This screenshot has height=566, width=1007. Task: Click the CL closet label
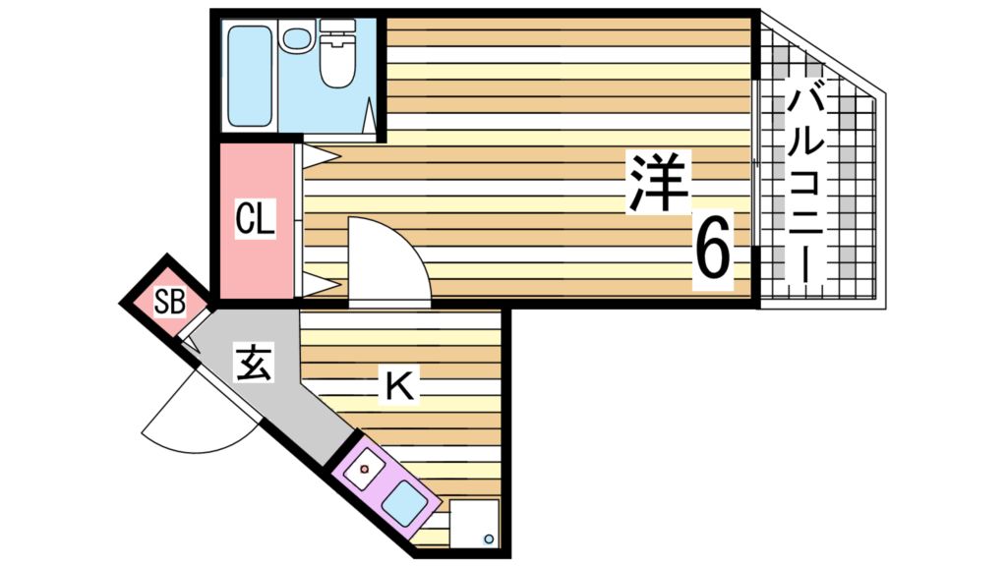point(254,218)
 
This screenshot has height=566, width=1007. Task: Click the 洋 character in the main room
point(659,183)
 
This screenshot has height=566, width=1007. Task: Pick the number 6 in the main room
point(713,248)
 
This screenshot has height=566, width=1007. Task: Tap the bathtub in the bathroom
point(250,76)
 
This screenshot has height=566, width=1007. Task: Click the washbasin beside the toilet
point(294,39)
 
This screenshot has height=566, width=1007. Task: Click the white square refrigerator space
point(474,524)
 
